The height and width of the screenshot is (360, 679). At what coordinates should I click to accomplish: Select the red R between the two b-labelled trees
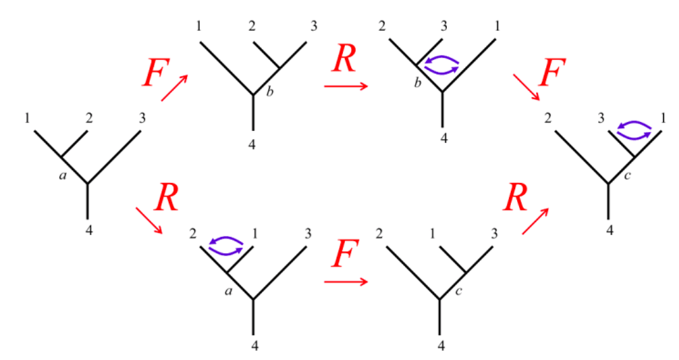[x=345, y=59]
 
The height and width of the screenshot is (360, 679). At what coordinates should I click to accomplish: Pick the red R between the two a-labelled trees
[x=167, y=199]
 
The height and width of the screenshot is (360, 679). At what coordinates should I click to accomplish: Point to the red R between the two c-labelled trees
[x=516, y=199]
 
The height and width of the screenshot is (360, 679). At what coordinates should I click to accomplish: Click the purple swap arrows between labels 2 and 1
[x=227, y=245]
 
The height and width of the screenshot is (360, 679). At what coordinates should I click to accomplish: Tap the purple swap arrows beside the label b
[x=442, y=65]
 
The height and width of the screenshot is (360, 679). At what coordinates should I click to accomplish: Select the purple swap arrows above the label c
[x=635, y=130]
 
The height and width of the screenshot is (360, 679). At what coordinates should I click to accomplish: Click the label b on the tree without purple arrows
[x=270, y=94]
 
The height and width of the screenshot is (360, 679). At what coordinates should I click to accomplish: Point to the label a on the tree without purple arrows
[x=62, y=176]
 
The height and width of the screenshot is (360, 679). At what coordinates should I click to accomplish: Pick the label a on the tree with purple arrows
[x=229, y=291]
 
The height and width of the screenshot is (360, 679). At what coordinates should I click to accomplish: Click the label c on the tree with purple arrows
[x=626, y=176]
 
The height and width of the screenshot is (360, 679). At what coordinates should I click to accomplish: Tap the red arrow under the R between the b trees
[x=345, y=86]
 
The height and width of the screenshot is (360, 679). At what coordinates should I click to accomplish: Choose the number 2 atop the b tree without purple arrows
[x=253, y=27]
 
